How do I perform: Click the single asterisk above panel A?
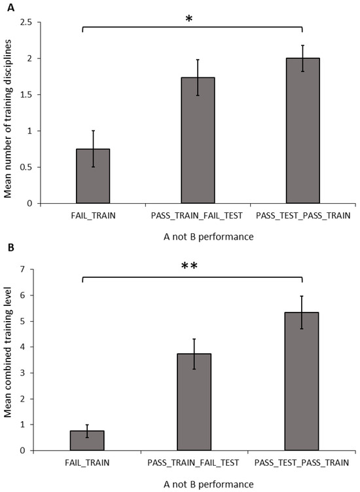(189, 20)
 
